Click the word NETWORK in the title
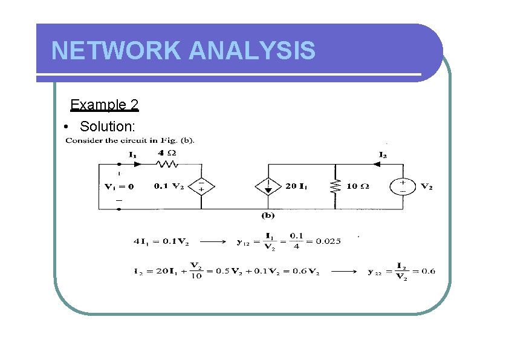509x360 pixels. pos(116,51)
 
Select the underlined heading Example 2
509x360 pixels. pos(105,105)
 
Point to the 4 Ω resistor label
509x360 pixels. pos(167,152)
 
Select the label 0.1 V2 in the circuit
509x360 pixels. pos(170,186)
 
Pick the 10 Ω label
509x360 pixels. pos(357,186)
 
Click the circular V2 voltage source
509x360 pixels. pos(403,186)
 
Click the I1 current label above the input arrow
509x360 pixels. pos(132,154)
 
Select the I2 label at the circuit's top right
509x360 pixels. pos(383,155)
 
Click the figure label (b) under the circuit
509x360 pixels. pos(268,215)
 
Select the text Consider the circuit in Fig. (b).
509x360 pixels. pos(129,141)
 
